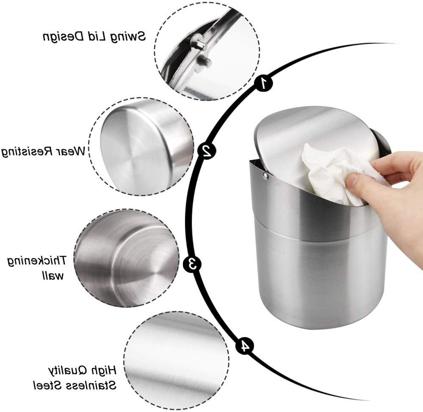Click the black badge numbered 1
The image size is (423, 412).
tap(263, 83)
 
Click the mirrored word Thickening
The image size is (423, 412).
tap(37, 261)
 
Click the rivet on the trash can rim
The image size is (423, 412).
tap(265, 176)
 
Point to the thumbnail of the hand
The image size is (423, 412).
tap(355, 180)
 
